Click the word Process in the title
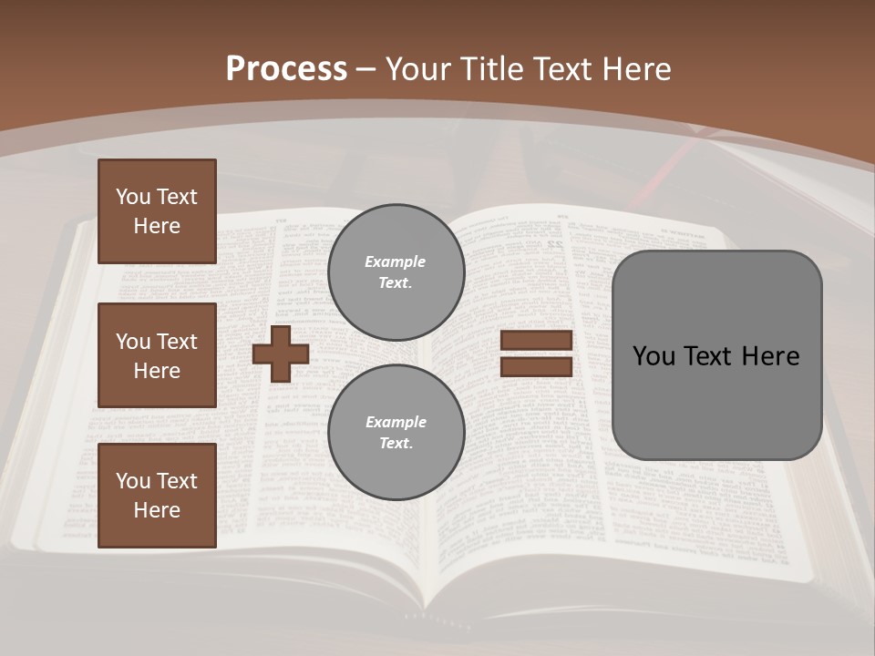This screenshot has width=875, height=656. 286,69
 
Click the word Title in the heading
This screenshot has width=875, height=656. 489,69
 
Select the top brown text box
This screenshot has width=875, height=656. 157,211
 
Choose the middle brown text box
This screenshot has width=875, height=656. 157,355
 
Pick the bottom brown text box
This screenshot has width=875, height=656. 157,496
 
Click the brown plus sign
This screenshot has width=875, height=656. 281,354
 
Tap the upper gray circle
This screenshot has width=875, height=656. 396,272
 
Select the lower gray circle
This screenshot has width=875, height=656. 396,432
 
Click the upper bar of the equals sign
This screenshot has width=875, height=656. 536,340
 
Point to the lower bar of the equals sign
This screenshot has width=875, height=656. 536,366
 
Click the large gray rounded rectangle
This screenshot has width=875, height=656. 716,355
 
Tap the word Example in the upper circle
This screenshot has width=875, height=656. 395,261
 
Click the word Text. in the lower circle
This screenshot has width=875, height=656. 396,443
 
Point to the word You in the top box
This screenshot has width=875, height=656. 132,197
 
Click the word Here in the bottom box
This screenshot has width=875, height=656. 157,510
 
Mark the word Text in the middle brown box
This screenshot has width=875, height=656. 177,342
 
